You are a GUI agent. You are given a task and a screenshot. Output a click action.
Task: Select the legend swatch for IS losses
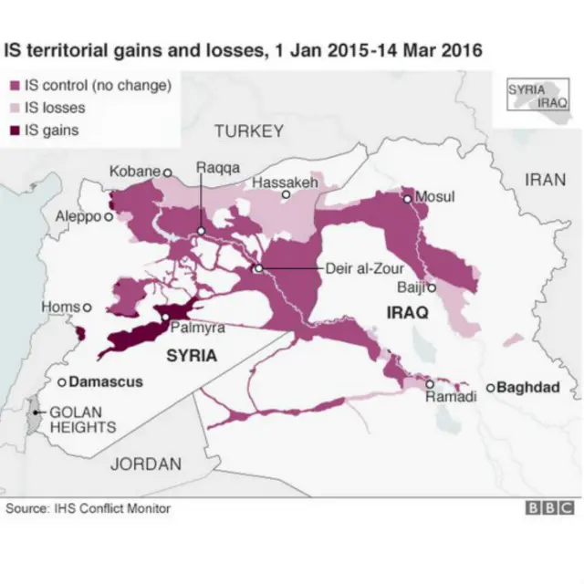tap(16, 108)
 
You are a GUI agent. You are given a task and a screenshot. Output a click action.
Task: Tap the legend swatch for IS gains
tap(16, 130)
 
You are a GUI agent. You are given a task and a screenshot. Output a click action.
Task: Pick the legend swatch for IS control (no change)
tap(16, 87)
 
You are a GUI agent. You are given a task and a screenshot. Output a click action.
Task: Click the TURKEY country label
tap(248, 131)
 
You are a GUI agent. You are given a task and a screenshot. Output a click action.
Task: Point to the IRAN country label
tap(545, 180)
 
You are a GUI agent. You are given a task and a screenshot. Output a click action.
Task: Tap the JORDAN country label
tap(145, 464)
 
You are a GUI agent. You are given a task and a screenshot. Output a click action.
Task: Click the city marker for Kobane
tap(167, 172)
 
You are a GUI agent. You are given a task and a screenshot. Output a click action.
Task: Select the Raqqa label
tap(218, 168)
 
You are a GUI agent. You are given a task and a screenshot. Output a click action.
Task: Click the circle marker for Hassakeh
tap(286, 194)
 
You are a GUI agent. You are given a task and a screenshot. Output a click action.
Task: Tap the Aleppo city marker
tap(109, 217)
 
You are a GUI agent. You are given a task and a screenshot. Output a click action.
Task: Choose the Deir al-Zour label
tap(364, 268)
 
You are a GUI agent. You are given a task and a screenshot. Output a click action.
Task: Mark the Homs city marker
tap(88, 308)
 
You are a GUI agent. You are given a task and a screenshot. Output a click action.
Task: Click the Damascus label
tap(106, 381)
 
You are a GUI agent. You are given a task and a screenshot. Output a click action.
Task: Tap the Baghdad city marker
tap(490, 388)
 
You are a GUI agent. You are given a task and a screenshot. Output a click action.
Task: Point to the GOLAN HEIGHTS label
tap(82, 419)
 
